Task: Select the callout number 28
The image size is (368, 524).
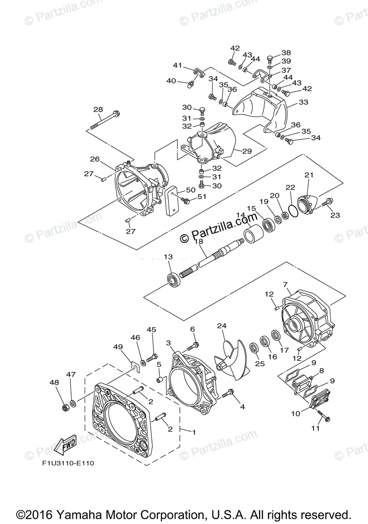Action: (x=98, y=109)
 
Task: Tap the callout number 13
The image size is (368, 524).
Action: (x=168, y=257)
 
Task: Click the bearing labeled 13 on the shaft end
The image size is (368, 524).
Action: (x=174, y=280)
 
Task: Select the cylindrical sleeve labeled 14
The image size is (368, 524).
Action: (x=254, y=234)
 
